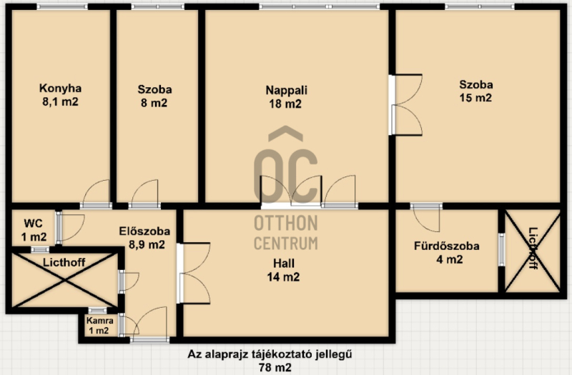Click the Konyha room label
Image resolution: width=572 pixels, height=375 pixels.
pyautogui.click(x=60, y=89)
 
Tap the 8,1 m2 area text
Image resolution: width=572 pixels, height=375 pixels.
pyautogui.click(x=60, y=101)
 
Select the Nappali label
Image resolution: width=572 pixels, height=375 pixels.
pyautogui.click(x=287, y=91)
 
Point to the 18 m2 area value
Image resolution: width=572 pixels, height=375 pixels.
pyautogui.click(x=285, y=104)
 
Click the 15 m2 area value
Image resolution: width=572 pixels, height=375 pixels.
pyautogui.click(x=475, y=98)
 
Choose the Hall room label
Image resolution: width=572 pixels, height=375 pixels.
pyautogui.click(x=284, y=263)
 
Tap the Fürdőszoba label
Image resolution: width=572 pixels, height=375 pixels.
pyautogui.click(x=446, y=246)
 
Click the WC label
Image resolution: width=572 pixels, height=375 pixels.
pyautogui.click(x=33, y=223)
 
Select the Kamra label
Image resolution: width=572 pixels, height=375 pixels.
pyautogui.click(x=100, y=321)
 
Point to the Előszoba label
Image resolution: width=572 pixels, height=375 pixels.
pyautogui.click(x=144, y=231)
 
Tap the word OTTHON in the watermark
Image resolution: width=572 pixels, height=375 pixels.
pyautogui.click(x=285, y=224)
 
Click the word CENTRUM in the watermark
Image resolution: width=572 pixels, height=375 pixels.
pyautogui.click(x=285, y=243)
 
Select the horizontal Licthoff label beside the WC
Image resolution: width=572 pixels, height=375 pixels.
pyautogui.click(x=64, y=262)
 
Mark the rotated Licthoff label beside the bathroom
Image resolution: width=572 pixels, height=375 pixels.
pyautogui.click(x=533, y=248)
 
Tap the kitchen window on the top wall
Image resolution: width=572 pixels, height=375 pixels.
pyautogui.click(x=62, y=6)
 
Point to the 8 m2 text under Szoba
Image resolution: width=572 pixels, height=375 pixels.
pyautogui.click(x=154, y=103)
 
